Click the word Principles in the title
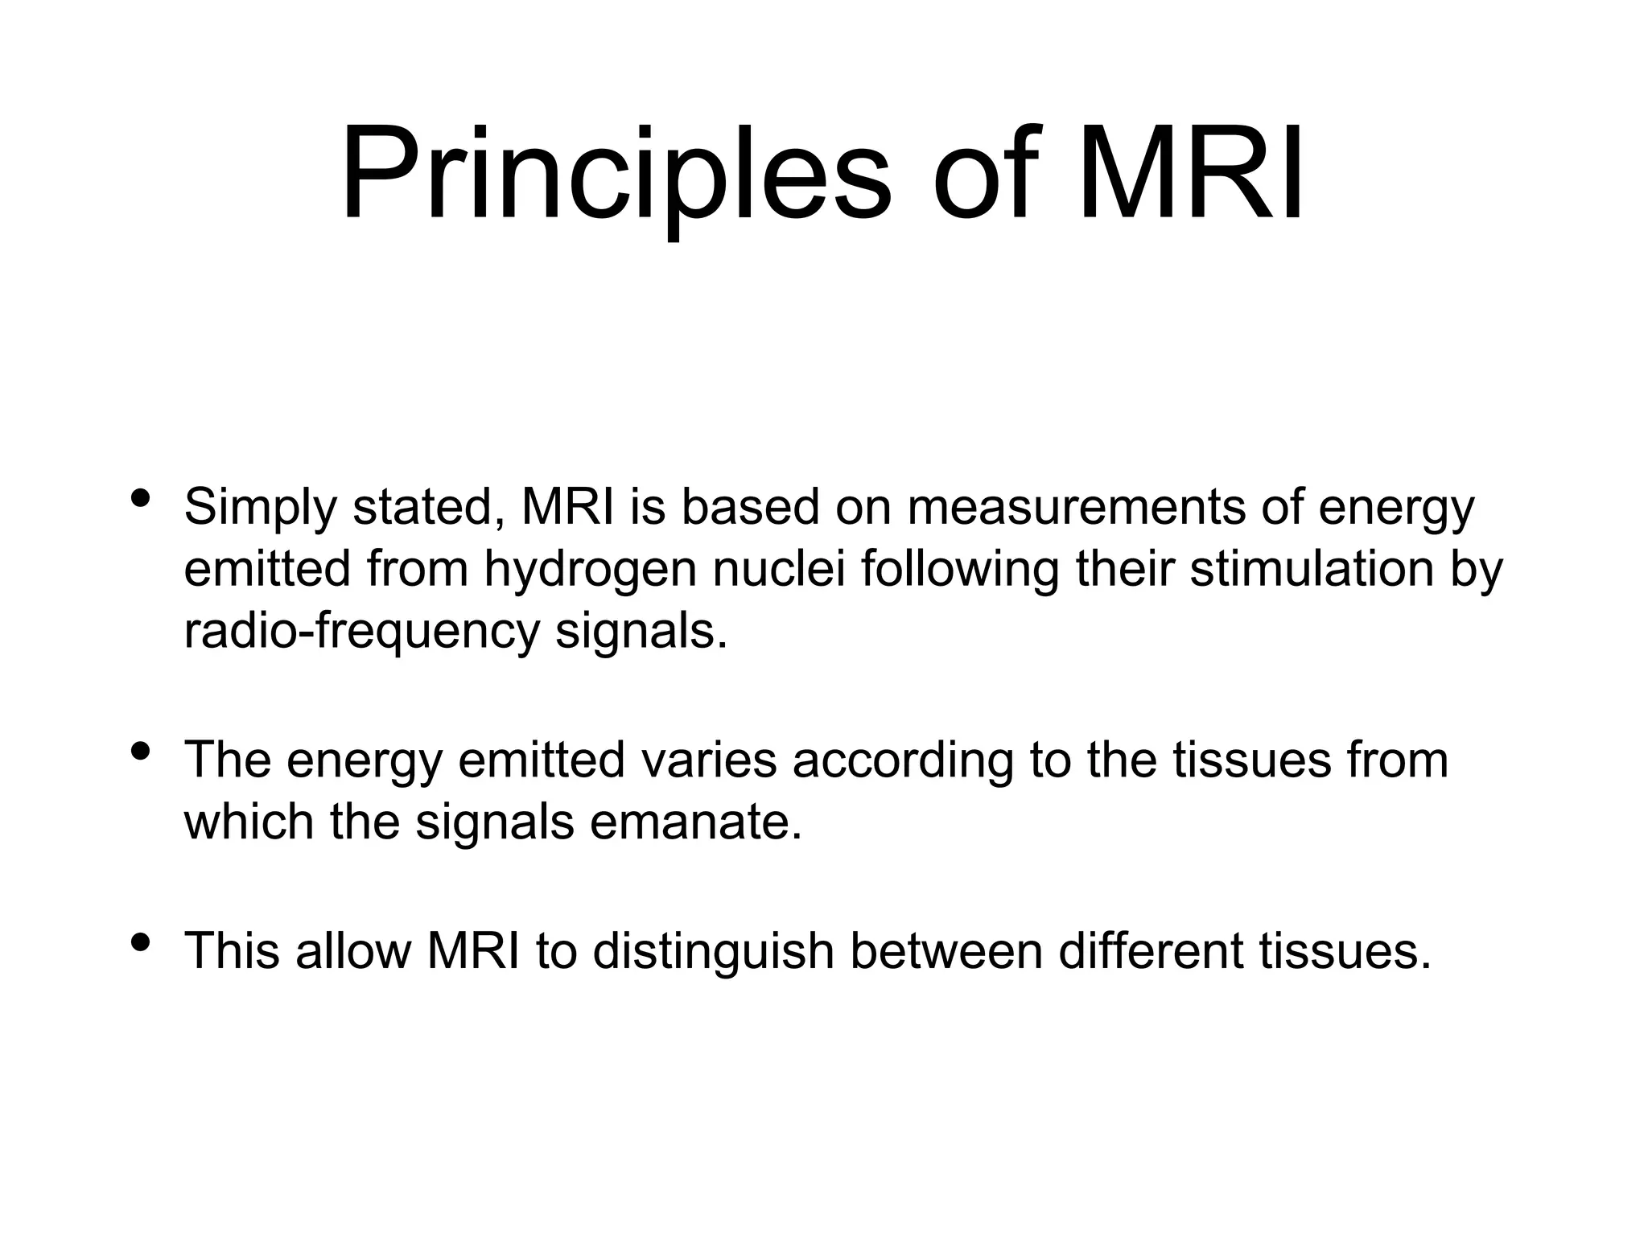point(616,173)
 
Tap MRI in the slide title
point(1189,173)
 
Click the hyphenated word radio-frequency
point(361,632)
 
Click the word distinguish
point(713,952)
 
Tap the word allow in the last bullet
point(353,950)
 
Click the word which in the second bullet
point(248,822)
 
